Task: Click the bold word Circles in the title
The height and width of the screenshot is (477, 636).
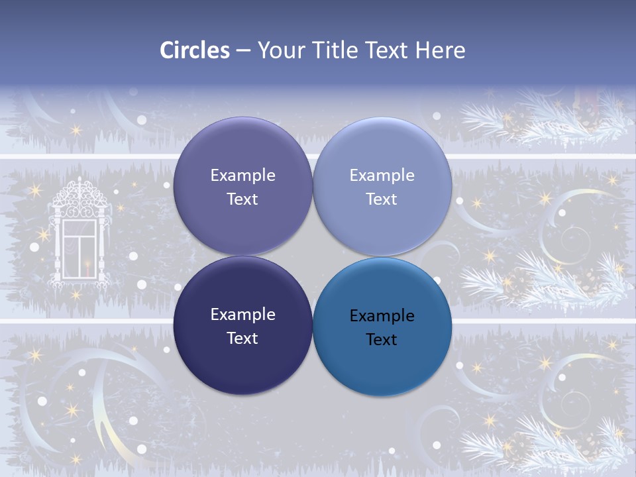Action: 195,50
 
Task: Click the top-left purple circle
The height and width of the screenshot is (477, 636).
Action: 242,186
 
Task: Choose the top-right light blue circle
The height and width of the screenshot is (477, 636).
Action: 382,186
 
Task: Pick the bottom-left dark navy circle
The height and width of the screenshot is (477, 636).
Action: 242,325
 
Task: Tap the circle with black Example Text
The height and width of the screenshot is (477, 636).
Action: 382,327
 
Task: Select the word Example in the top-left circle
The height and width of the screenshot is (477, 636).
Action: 242,176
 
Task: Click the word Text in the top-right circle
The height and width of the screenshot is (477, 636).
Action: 382,199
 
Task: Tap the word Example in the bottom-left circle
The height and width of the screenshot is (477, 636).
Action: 242,315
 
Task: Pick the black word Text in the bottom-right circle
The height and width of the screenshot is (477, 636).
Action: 382,339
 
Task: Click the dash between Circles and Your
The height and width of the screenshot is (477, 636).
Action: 242,50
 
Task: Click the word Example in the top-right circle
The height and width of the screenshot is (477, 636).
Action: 382,176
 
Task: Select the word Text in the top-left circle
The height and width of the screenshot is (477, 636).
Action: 242,199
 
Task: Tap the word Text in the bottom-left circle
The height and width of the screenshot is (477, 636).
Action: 242,338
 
